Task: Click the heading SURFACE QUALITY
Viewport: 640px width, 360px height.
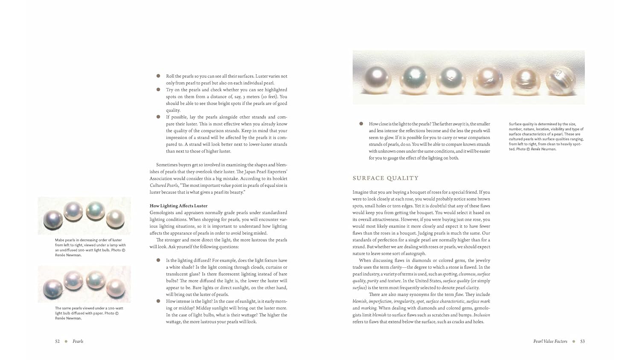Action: [386, 178]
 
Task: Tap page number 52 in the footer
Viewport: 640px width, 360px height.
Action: [57, 341]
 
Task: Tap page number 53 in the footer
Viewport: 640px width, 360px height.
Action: [582, 341]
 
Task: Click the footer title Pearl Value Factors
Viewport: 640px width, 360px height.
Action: [550, 341]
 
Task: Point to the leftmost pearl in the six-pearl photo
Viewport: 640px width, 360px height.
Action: [377, 79]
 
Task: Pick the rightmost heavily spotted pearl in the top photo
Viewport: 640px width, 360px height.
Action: [560, 79]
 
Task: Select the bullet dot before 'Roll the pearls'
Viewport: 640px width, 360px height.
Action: [158, 76]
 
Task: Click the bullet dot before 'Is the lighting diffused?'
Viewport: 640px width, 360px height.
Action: [158, 260]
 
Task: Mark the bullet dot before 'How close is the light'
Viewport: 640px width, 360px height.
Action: [361, 124]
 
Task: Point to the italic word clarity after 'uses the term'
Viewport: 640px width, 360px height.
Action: [396, 267]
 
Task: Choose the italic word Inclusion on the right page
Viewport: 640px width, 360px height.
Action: [482, 315]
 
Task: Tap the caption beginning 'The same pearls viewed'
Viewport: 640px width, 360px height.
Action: [89, 313]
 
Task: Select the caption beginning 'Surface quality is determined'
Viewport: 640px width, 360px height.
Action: [546, 136]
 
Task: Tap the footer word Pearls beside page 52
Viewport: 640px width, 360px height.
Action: [78, 341]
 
